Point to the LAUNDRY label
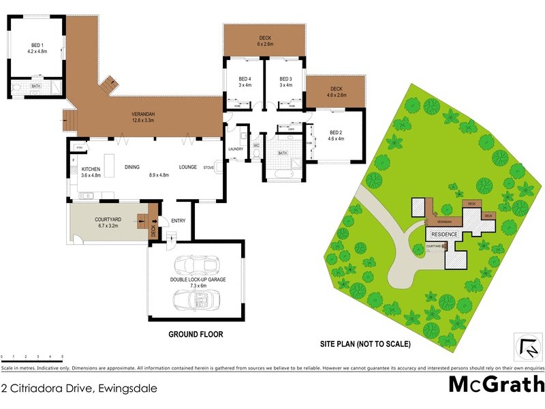(x=236, y=149)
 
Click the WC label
(x=256, y=146)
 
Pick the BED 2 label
(x=337, y=132)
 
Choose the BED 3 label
(x=285, y=79)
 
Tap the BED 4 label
(x=245, y=79)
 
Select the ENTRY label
(x=178, y=221)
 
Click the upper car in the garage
(x=193, y=267)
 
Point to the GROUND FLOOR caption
(x=196, y=335)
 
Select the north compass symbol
(x=527, y=348)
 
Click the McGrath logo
(x=495, y=384)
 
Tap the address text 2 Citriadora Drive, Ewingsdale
(x=80, y=389)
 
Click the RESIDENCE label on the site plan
(x=444, y=234)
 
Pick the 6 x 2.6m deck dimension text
(x=264, y=44)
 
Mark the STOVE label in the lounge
(x=208, y=166)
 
